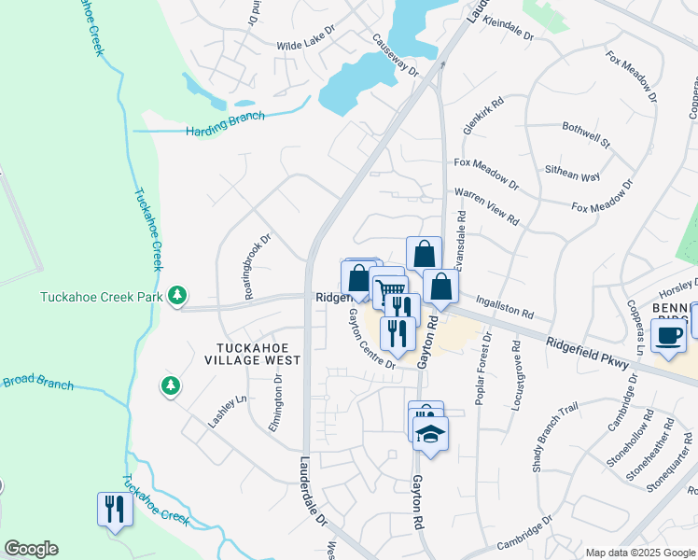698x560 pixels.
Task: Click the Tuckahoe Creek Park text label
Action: [x=101, y=299]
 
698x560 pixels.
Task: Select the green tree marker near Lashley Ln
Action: [x=170, y=385]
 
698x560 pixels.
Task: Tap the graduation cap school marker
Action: [x=430, y=434]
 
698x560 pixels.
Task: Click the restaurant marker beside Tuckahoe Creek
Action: [x=115, y=510]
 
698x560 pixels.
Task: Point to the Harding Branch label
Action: [x=225, y=123]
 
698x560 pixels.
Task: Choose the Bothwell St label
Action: [x=585, y=135]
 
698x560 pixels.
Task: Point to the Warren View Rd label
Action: [x=486, y=205]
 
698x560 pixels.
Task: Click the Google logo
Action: [x=31, y=549]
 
